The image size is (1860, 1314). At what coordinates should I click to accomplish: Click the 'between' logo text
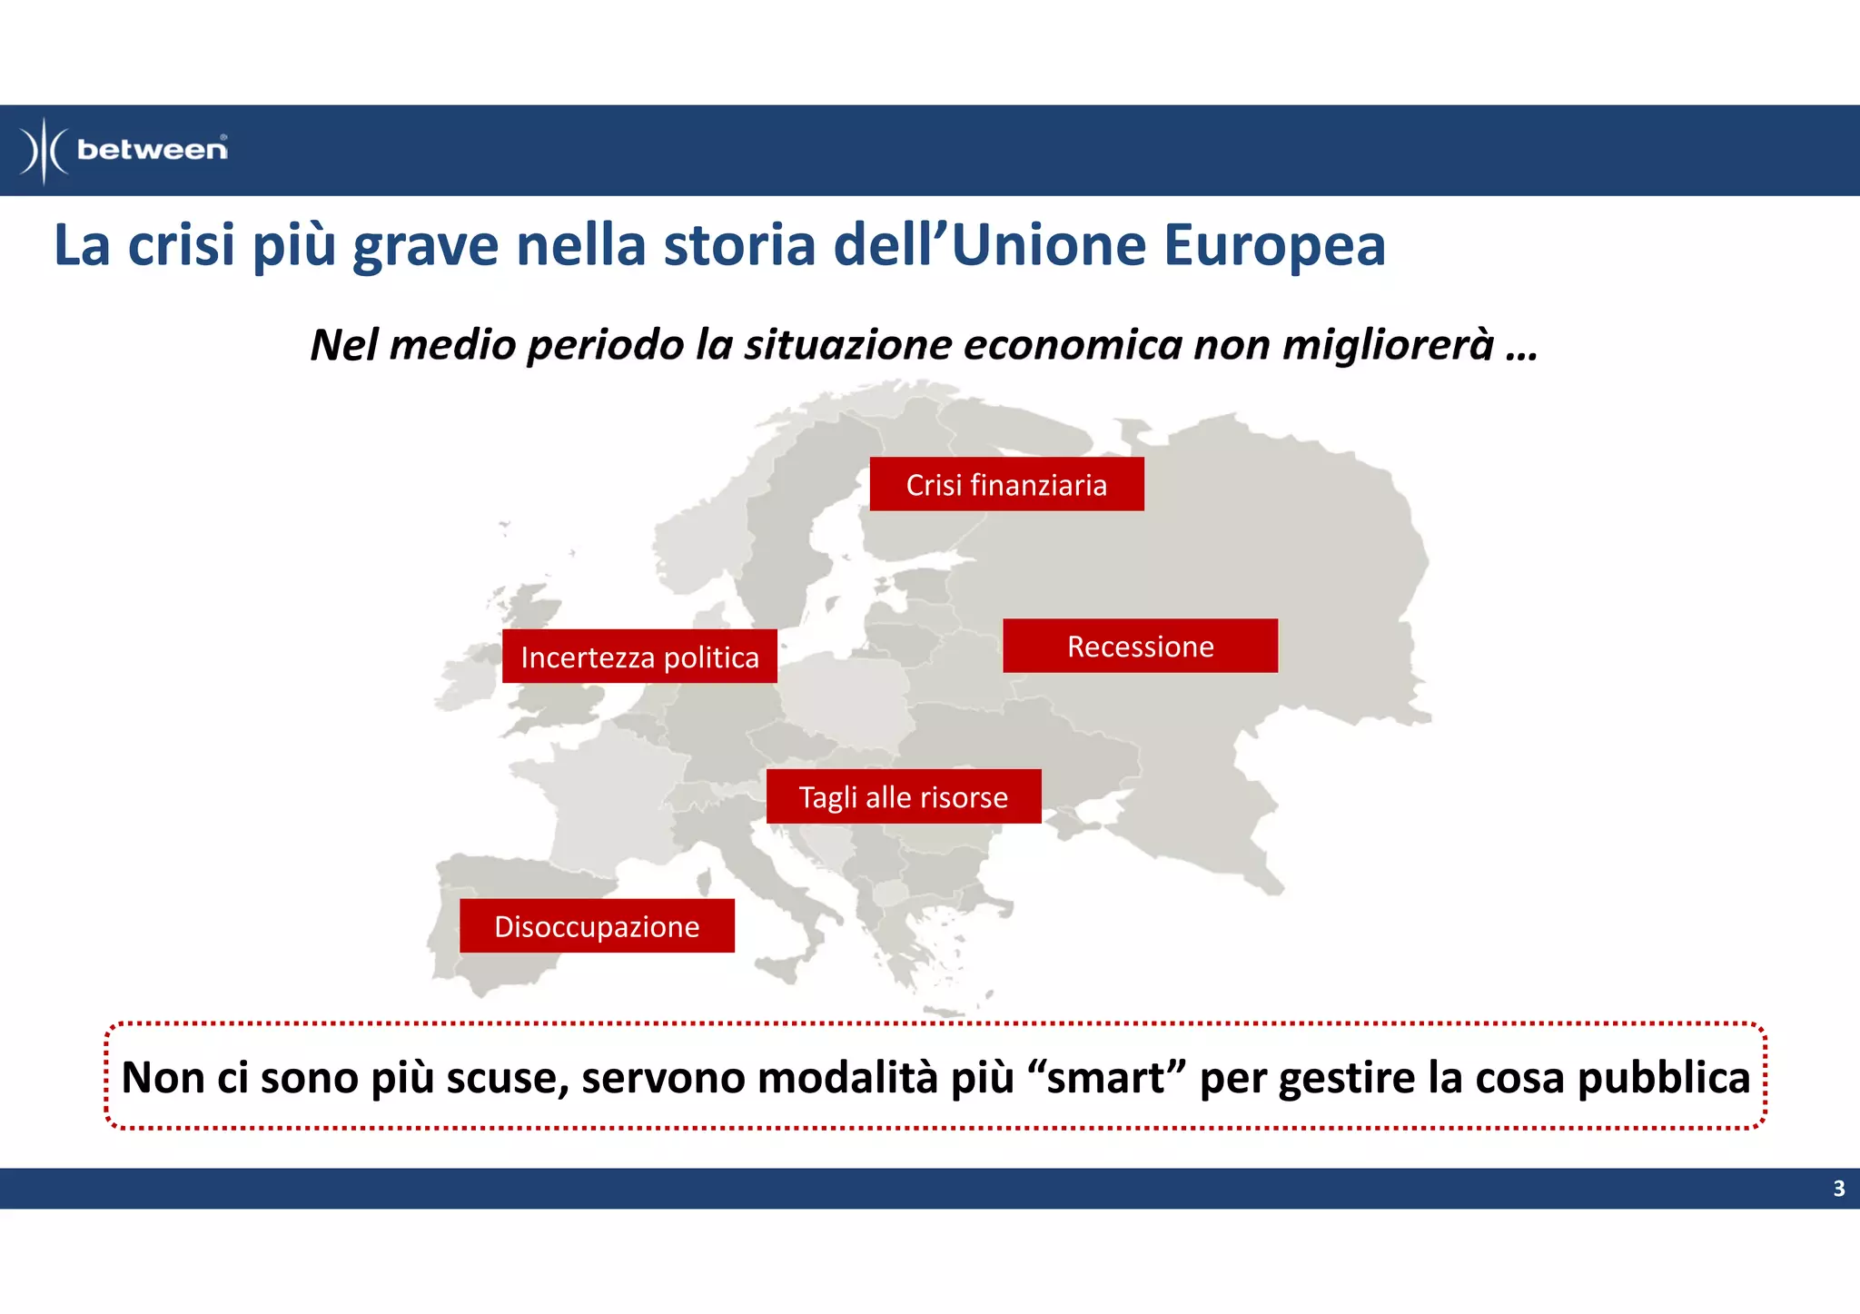coord(152,150)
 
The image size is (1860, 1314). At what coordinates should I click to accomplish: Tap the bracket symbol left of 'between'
coord(44,151)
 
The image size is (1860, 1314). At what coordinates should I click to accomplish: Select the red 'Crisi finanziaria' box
coord(1006,484)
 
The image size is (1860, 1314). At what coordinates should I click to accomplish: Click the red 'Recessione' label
coord(1140,646)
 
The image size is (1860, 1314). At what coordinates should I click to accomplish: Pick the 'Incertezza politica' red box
coord(639,657)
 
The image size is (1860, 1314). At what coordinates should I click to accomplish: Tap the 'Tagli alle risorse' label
coord(904,796)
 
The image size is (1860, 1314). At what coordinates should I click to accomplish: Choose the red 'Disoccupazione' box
coord(597,926)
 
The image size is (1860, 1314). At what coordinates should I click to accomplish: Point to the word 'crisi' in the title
coord(181,245)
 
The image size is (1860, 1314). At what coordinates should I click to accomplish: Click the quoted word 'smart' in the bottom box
coord(1105,1078)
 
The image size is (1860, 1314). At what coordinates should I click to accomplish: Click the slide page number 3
coord(1838,1189)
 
